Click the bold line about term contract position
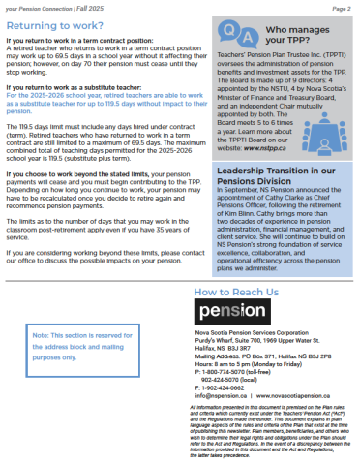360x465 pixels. pos(77,41)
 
